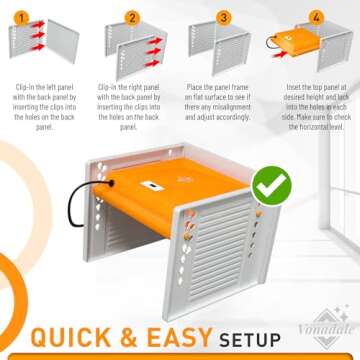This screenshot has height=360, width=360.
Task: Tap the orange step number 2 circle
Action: coord(131,16)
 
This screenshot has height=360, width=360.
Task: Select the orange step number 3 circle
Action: coord(224,16)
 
